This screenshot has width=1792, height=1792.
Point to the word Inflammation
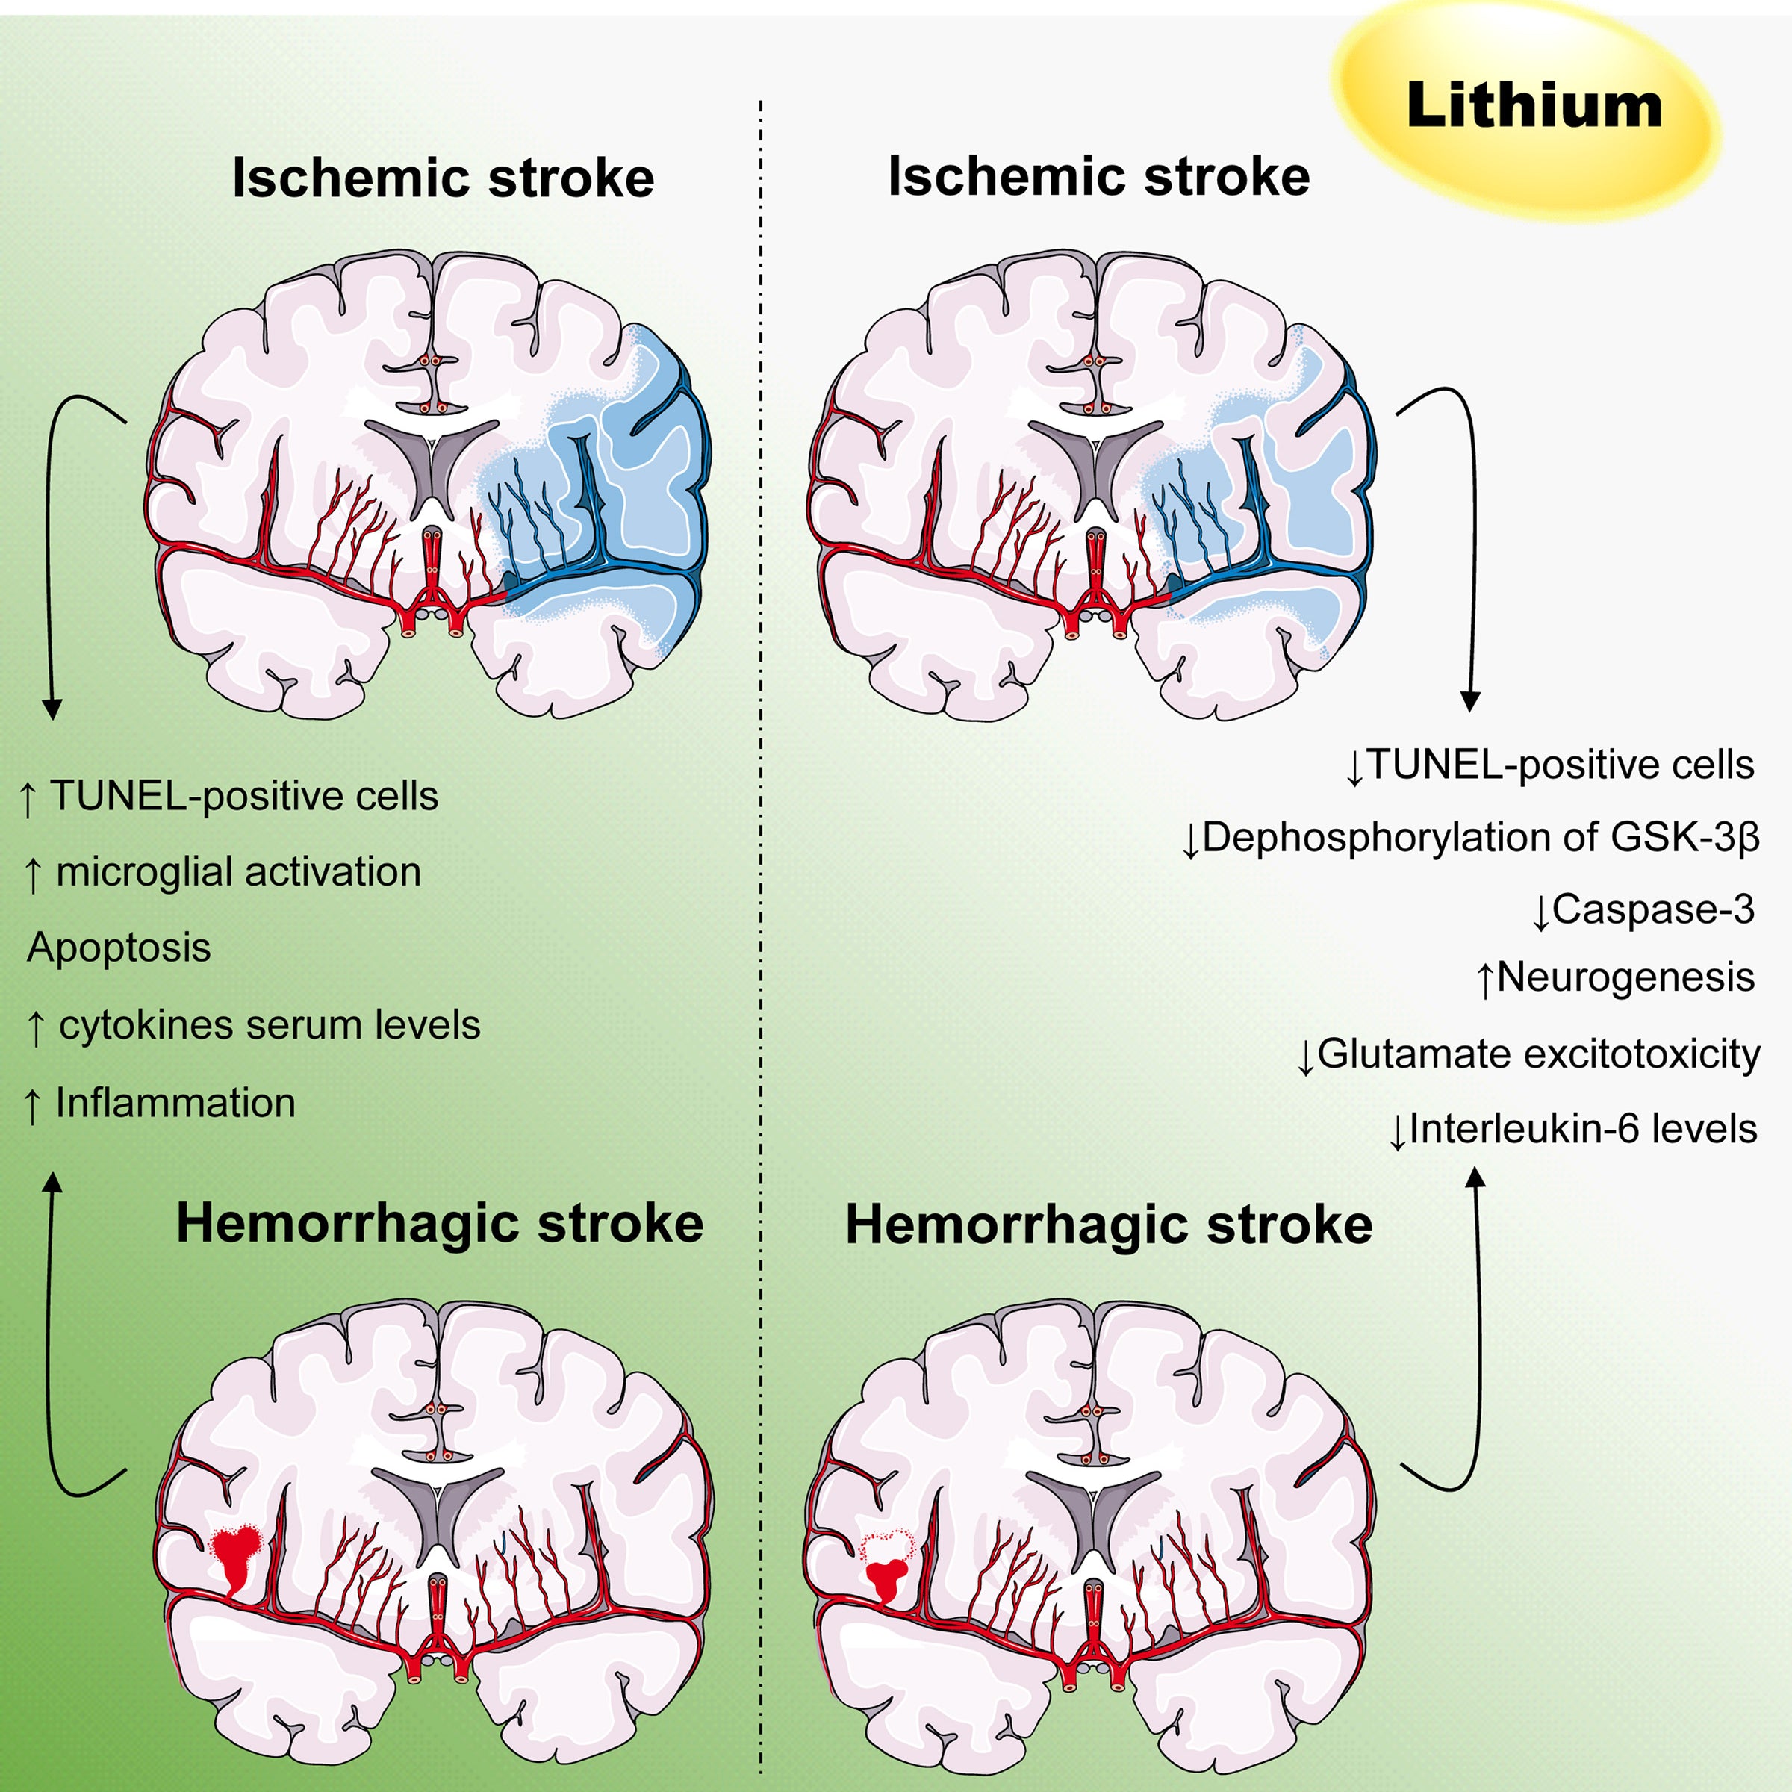tap(175, 1103)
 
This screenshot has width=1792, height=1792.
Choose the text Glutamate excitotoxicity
tap(1538, 1054)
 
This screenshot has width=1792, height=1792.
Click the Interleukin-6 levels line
tap(1582, 1129)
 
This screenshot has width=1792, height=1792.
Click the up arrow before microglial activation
tap(34, 874)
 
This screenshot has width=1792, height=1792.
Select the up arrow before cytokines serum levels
tap(35, 1027)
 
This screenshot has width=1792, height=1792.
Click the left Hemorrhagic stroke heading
tap(440, 1224)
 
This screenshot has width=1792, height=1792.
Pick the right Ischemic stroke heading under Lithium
tap(1098, 176)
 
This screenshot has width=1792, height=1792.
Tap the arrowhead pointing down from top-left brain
tap(52, 709)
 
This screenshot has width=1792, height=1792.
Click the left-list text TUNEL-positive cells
tap(243, 796)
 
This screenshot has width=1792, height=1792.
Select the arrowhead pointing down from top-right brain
tap(1470, 701)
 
